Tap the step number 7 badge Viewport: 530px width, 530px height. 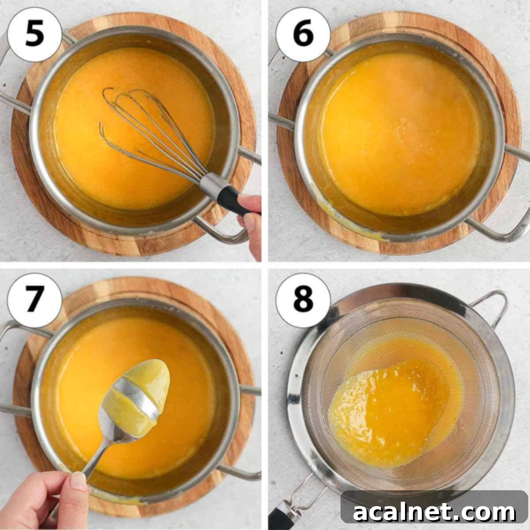click(34, 300)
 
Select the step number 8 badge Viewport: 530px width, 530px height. click(303, 300)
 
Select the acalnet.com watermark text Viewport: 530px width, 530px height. click(435, 512)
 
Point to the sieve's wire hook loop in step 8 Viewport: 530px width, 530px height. click(490, 305)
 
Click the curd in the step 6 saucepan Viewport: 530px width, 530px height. click(397, 132)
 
